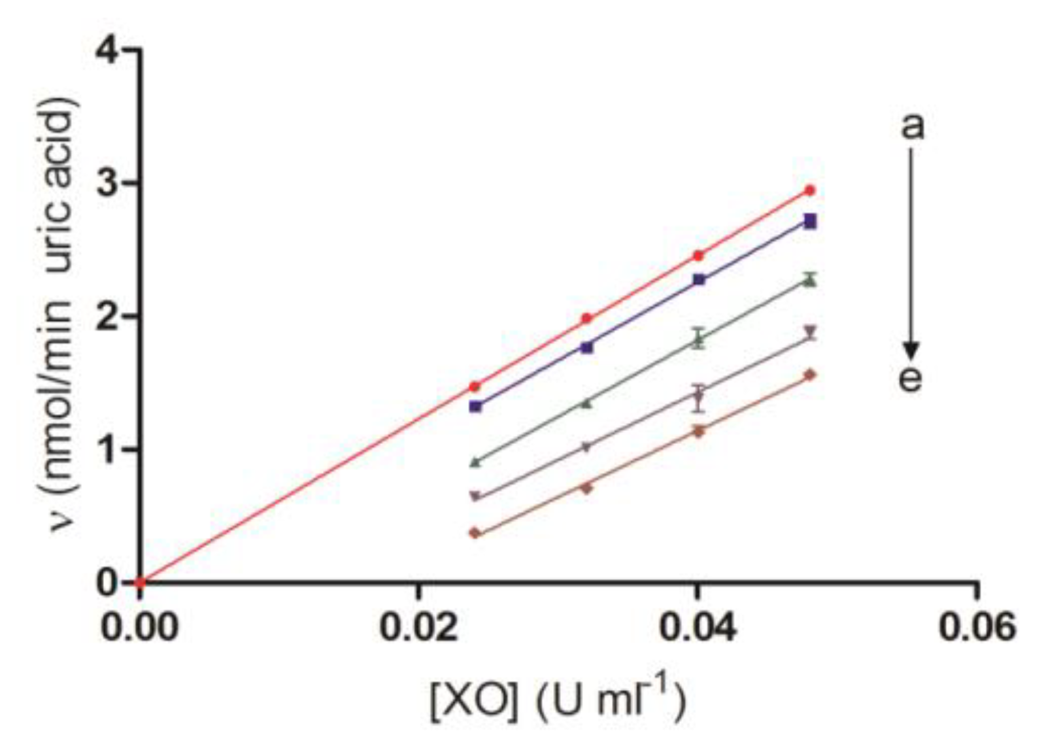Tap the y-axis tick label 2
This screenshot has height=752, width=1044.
coord(109,316)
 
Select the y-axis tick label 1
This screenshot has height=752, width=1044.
coord(109,450)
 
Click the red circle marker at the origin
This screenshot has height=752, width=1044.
coord(139,581)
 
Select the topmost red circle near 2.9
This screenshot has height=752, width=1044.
coord(810,190)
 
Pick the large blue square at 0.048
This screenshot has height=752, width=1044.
coord(810,221)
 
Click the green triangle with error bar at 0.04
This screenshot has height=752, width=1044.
coord(699,339)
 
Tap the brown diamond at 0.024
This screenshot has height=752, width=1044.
coord(475,534)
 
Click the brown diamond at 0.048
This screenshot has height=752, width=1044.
coord(810,375)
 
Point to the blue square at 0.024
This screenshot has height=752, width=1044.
coord(475,406)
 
